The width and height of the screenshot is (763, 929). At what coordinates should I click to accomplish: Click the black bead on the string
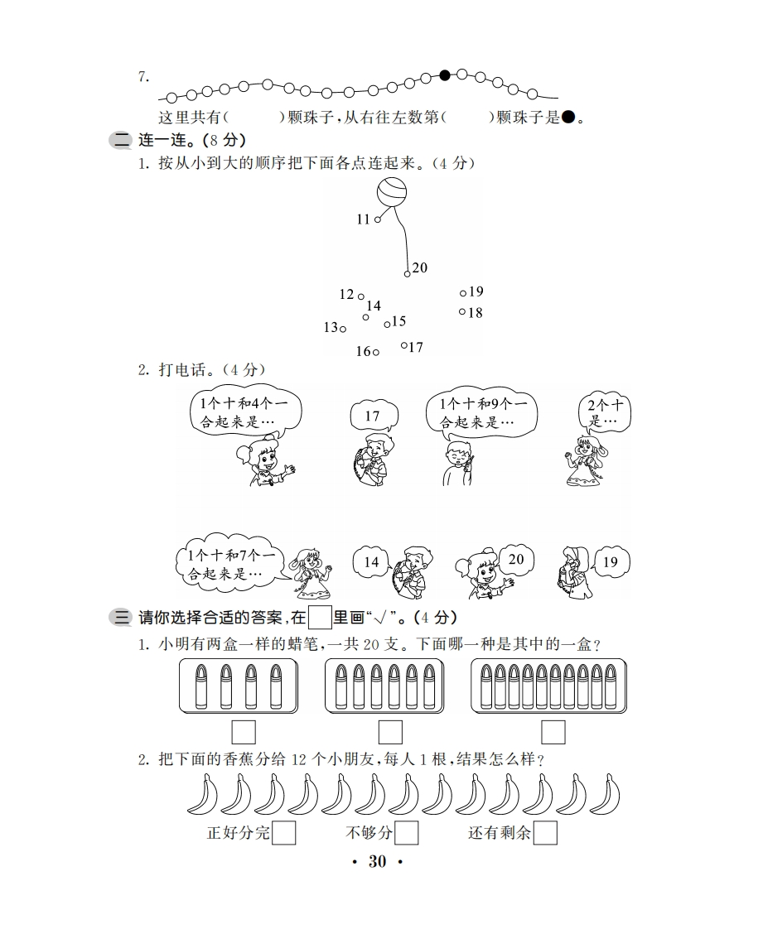pyautogui.click(x=445, y=75)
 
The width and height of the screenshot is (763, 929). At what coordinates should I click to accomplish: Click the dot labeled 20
pyautogui.click(x=408, y=274)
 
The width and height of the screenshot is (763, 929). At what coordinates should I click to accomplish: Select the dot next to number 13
pyautogui.click(x=343, y=329)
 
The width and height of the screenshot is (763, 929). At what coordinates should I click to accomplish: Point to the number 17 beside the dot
pyautogui.click(x=416, y=347)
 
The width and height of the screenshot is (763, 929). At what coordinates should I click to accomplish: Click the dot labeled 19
pyautogui.click(x=463, y=292)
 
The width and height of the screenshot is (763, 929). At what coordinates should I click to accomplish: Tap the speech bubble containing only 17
pyautogui.click(x=374, y=416)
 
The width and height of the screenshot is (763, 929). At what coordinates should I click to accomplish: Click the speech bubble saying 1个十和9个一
pyautogui.click(x=481, y=414)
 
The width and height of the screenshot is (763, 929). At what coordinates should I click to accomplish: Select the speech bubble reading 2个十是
pyautogui.click(x=605, y=412)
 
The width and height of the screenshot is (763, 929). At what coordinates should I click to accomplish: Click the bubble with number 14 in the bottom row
pyautogui.click(x=372, y=561)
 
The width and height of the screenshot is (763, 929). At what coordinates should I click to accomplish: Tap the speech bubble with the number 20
pyautogui.click(x=516, y=559)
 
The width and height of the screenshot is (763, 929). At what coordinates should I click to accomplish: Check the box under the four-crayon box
pyautogui.click(x=244, y=732)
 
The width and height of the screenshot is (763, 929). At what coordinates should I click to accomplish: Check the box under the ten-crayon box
pyautogui.click(x=553, y=732)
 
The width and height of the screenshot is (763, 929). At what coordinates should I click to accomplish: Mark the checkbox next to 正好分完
pyautogui.click(x=283, y=833)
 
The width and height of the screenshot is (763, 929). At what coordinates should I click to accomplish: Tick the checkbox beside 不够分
pyautogui.click(x=406, y=833)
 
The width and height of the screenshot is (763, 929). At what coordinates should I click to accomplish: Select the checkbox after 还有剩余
pyautogui.click(x=545, y=833)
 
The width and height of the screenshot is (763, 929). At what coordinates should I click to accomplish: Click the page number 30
pyautogui.click(x=378, y=861)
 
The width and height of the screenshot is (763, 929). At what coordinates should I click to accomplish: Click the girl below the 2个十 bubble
pyautogui.click(x=586, y=461)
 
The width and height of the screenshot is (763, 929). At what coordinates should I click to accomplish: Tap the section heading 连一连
pyautogui.click(x=162, y=141)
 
